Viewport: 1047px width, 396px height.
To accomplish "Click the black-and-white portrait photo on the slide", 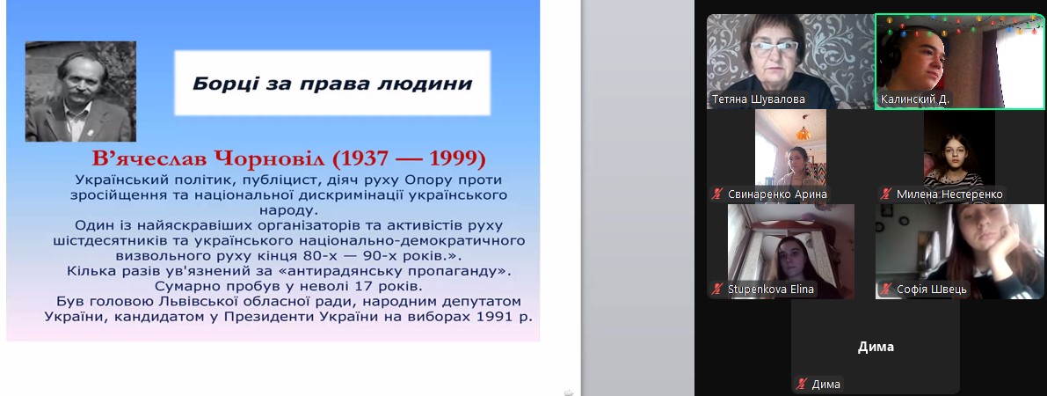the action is pos(81,92).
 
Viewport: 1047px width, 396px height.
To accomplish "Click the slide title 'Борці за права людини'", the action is pos(332,84).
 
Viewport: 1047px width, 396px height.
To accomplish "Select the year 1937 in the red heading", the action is pos(366,159).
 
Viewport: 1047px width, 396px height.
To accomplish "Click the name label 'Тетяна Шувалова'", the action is pos(758,99).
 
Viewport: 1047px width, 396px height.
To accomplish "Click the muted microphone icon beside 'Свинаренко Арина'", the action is pos(718,194).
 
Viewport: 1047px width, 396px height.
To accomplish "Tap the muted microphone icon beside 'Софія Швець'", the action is pos(887,290).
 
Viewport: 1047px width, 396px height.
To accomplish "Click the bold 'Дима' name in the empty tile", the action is pos(876,348).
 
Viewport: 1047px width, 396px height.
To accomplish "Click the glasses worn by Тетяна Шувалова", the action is pos(774,47).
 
